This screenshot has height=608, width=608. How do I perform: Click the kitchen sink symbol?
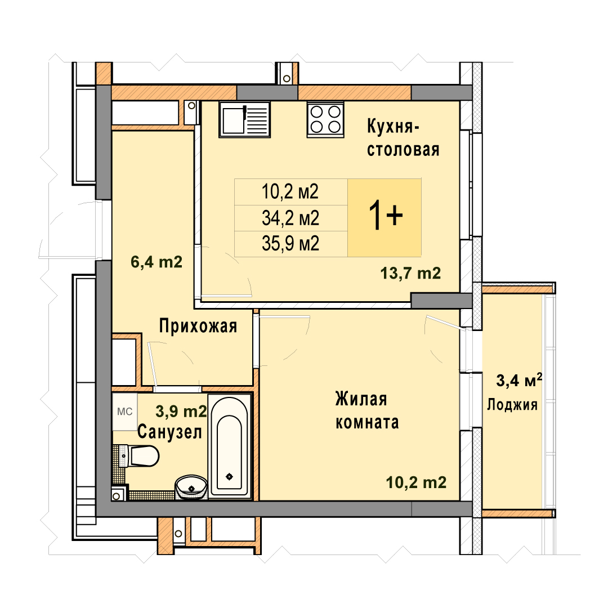[x=244, y=119]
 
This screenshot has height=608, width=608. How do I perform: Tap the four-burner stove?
[x=325, y=119]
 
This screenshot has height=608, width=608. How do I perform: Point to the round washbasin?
[x=191, y=486]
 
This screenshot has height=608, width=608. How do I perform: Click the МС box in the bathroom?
[x=125, y=412]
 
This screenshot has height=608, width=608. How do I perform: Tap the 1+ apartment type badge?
[x=385, y=217]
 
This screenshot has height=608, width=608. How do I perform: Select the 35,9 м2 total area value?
[x=290, y=244]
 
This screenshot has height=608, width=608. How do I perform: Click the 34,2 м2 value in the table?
[x=290, y=218]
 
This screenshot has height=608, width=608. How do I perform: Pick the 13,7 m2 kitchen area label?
[x=410, y=274]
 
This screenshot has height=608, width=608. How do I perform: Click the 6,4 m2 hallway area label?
[x=157, y=262]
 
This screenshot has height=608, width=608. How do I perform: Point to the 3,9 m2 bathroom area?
[x=181, y=411]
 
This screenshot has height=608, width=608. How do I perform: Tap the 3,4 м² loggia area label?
[x=519, y=381]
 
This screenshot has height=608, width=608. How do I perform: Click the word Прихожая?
[x=198, y=326]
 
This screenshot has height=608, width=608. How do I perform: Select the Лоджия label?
[x=512, y=405]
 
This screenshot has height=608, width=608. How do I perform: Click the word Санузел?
[x=170, y=432]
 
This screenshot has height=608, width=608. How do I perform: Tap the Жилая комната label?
[x=367, y=410]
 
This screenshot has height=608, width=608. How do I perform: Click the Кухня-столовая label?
[x=403, y=138]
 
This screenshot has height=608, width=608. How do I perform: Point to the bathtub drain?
[x=229, y=476]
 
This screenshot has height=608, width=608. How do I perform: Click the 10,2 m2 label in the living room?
[x=416, y=482]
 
